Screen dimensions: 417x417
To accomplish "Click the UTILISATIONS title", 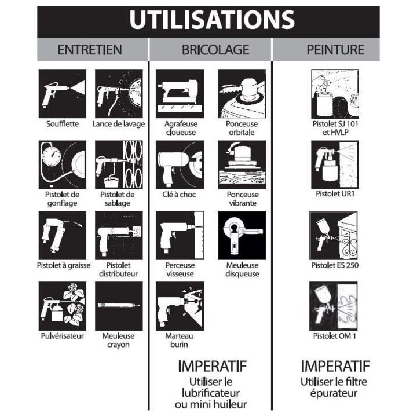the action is click(212, 20).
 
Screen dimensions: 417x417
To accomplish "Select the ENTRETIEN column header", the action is click(90, 50).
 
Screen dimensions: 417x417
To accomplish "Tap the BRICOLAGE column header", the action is click(215, 50).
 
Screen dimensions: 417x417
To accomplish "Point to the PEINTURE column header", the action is click(335, 50).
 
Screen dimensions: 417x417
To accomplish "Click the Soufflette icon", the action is click(62, 94).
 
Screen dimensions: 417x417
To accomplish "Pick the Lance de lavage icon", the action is click(119, 94).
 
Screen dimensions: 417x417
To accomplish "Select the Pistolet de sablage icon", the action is click(119, 164).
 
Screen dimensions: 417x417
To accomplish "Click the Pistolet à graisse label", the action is click(64, 265).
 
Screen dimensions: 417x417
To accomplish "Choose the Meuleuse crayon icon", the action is click(119, 306).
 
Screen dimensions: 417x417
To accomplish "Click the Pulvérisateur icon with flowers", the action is click(62, 306).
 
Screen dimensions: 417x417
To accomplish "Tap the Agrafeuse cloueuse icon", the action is click(180, 94).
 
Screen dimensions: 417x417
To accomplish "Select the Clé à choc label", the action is click(179, 195).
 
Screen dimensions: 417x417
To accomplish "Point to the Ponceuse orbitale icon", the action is click(242, 94).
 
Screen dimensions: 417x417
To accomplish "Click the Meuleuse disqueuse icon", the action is click(242, 235).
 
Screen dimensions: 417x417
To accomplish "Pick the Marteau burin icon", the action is click(180, 306).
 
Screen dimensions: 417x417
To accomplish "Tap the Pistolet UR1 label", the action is click(335, 193).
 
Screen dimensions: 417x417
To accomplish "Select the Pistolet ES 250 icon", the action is click(334, 235).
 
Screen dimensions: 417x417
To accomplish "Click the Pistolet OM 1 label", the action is click(334, 336).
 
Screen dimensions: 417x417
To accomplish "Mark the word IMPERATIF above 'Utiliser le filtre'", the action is click(335, 366).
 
